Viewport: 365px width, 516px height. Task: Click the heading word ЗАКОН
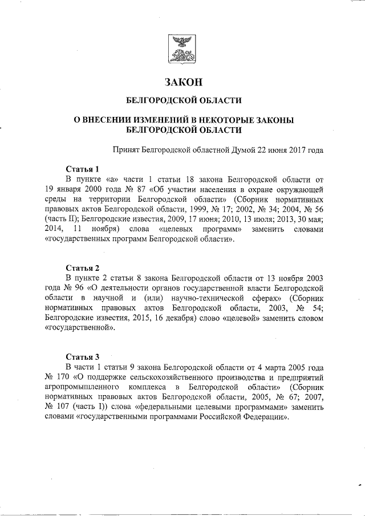(x=183, y=82)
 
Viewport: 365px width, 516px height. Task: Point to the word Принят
(x=128, y=150)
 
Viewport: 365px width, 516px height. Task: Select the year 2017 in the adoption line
(x=294, y=150)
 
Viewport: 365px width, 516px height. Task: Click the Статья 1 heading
(x=83, y=169)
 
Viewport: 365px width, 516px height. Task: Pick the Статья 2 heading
(x=83, y=268)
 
